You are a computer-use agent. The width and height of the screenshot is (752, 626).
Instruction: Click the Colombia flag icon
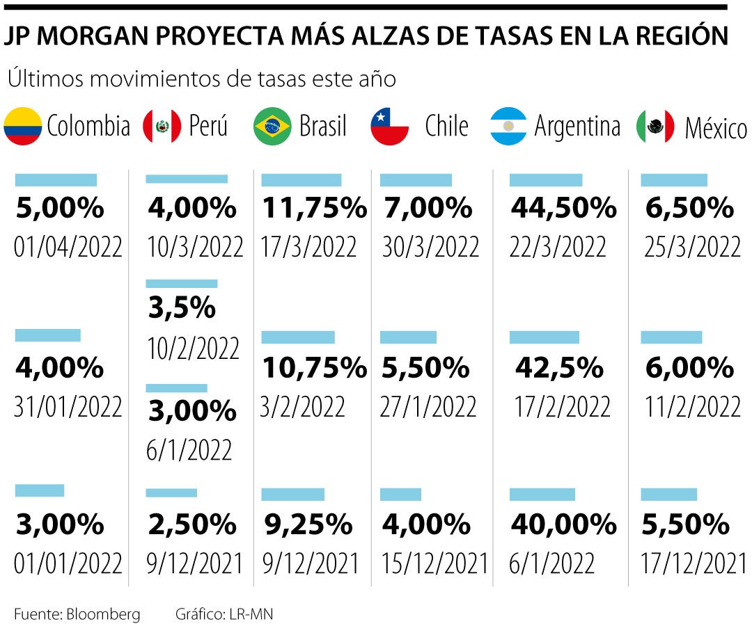coord(22,127)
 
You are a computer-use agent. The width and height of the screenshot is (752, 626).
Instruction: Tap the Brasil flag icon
coord(272,127)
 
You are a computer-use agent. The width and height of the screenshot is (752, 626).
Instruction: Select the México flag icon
coord(655,127)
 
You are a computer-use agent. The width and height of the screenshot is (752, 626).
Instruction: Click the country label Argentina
coord(577,127)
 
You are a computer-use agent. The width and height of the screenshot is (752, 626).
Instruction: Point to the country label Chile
coord(446,127)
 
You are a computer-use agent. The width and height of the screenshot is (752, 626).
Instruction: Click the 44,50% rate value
coord(564,208)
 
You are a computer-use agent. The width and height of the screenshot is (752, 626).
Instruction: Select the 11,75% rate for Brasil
coord(314,208)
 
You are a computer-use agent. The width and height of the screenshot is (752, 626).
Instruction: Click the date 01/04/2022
coord(68,247)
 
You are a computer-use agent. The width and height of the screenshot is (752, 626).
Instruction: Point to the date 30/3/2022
coord(430,247)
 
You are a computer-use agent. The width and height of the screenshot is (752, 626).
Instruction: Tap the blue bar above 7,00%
coord(416,180)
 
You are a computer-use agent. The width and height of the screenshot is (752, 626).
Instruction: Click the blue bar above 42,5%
coord(544,337)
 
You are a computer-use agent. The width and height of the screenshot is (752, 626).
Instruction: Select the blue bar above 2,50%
coord(171,493)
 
